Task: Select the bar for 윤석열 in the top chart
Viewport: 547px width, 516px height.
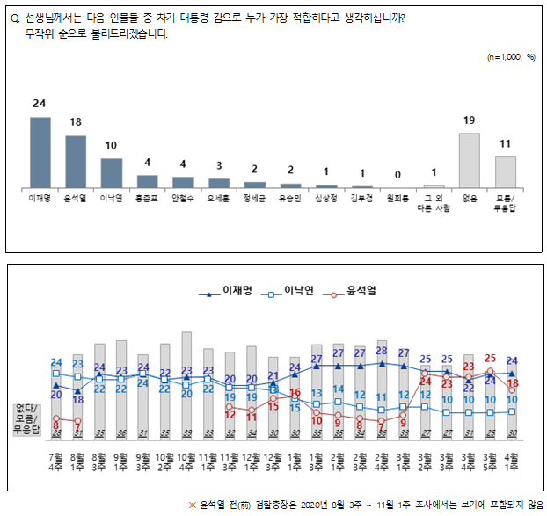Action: tap(76, 162)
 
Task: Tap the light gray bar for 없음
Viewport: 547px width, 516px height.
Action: tap(469, 160)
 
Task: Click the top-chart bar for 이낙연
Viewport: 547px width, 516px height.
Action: tap(111, 172)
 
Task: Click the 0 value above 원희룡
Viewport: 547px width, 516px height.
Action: tap(397, 175)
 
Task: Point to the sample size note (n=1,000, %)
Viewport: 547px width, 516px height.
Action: tap(511, 56)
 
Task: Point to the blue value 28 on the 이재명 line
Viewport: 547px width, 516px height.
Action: tap(382, 351)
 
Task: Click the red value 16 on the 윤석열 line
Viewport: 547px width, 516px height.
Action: tap(295, 392)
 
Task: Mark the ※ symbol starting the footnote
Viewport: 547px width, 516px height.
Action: tap(193, 504)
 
